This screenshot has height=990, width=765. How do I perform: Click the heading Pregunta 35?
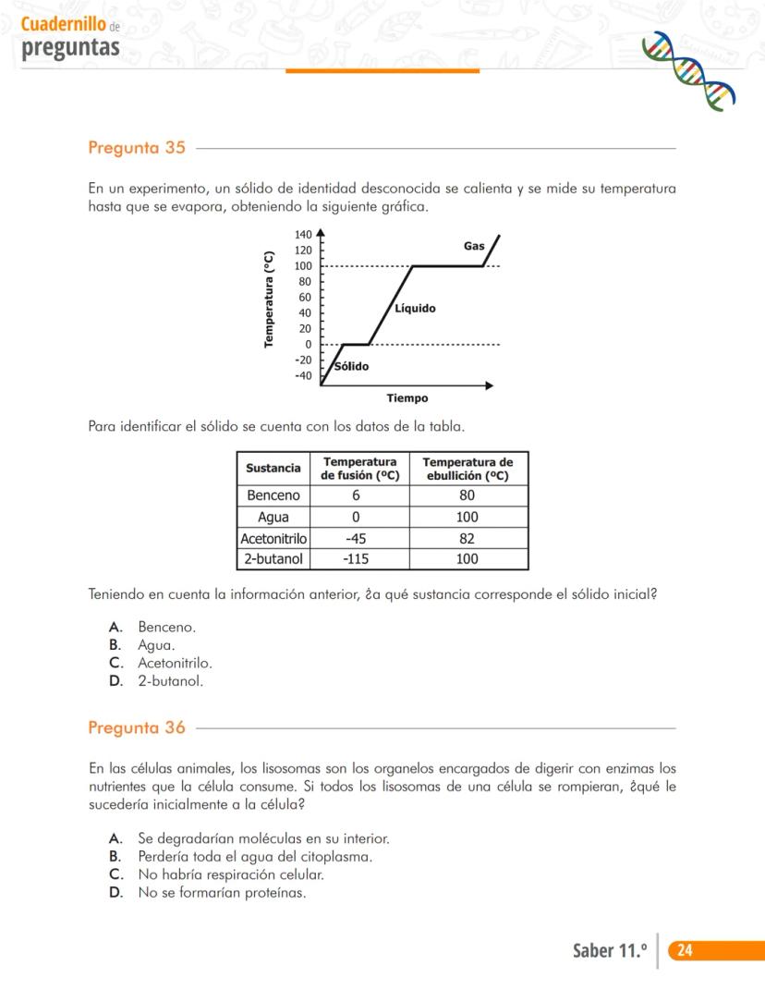point(137,148)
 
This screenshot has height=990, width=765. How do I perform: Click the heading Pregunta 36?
point(137,727)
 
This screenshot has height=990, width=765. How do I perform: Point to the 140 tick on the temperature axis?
point(303,236)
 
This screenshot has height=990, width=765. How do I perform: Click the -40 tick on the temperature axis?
point(303,376)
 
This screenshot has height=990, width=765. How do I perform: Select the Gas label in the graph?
point(474,246)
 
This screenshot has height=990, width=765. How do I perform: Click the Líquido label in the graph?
point(415,309)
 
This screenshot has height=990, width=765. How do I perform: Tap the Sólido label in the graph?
point(351,367)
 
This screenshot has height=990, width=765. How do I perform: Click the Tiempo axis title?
point(407,399)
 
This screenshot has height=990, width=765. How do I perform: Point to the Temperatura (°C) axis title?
point(269,299)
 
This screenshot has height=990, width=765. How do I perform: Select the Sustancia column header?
point(273,469)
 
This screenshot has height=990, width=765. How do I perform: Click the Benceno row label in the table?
point(273,495)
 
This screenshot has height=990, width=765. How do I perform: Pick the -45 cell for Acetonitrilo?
point(356,538)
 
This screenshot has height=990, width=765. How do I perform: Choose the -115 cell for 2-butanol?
point(356,559)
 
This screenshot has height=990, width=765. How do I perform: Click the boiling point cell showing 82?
point(467,538)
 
